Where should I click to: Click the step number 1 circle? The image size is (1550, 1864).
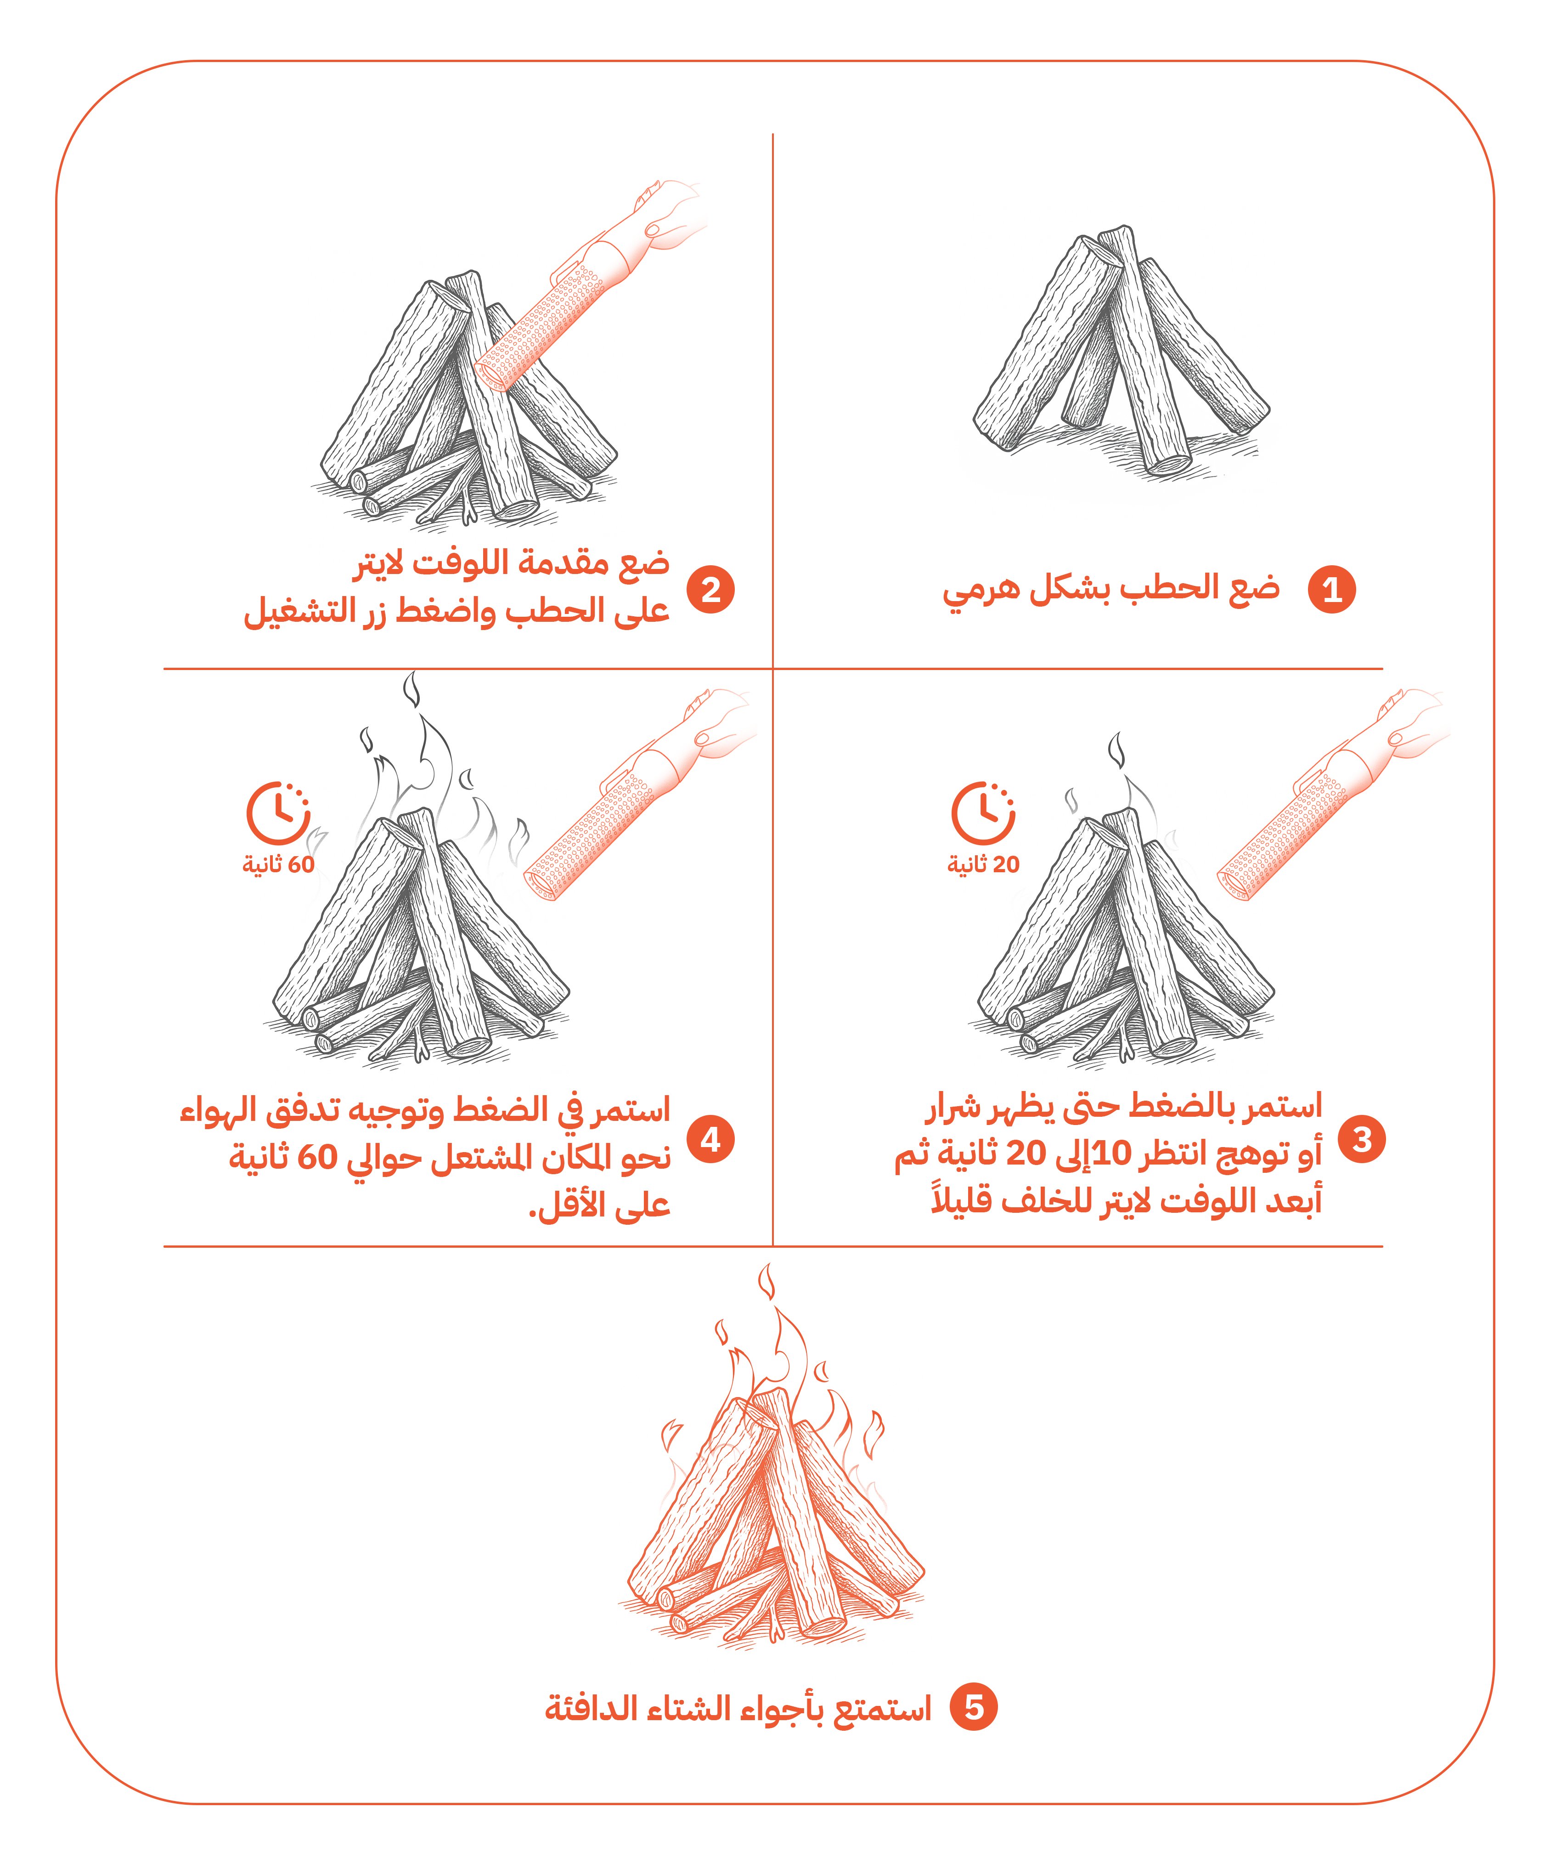point(1332,589)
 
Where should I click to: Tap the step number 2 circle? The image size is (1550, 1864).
point(710,589)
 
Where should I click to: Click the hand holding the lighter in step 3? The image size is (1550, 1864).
point(1411,728)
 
